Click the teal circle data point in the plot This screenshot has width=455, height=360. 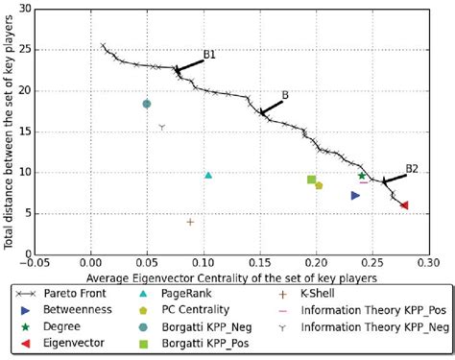(147, 104)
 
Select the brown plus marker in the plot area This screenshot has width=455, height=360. (190, 222)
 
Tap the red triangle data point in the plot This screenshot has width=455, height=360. (404, 204)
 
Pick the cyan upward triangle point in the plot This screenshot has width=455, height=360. (208, 175)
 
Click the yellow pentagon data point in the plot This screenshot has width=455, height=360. (319, 185)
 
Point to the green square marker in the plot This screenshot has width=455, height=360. (311, 180)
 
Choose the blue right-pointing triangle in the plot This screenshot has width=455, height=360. (355, 195)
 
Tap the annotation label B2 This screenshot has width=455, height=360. (412, 168)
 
